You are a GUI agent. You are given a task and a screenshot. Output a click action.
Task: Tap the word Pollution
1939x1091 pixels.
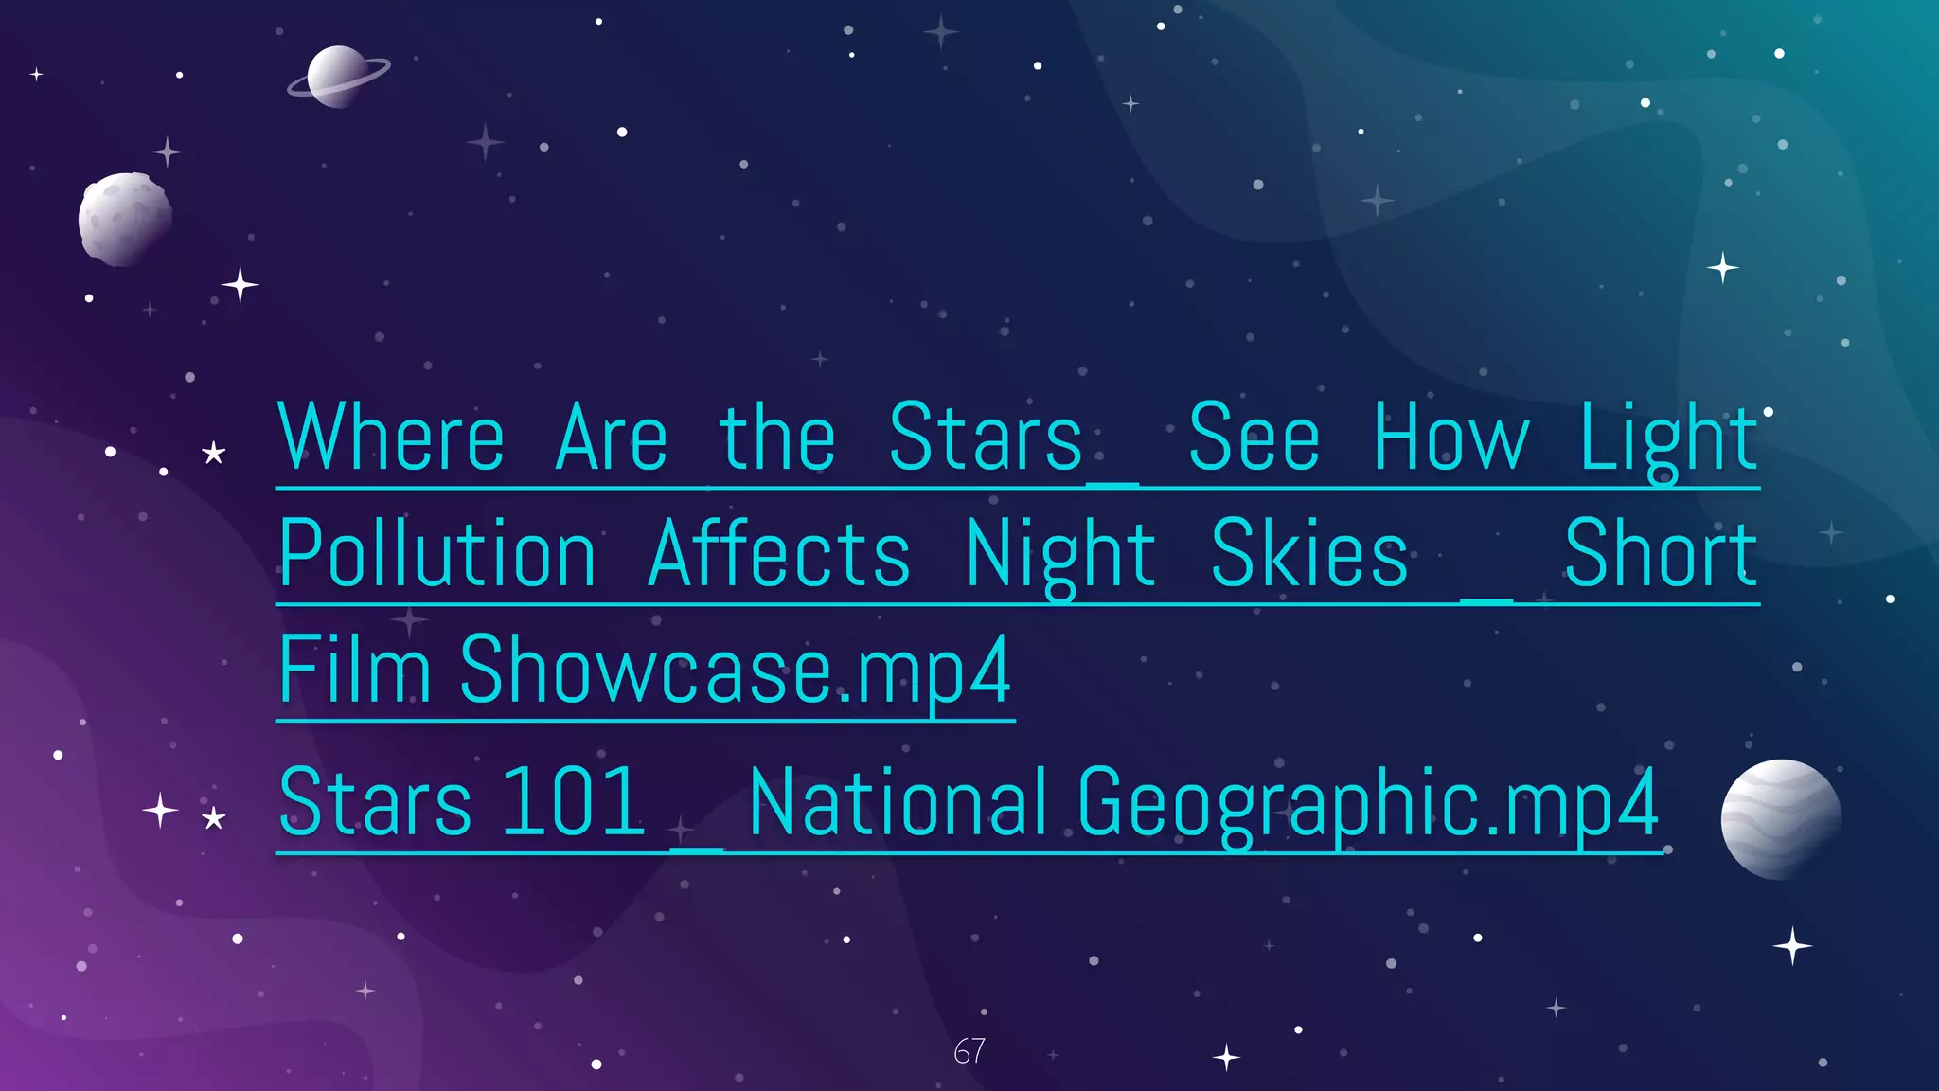tap(437, 554)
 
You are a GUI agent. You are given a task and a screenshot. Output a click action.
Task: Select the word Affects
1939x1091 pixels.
tap(779, 554)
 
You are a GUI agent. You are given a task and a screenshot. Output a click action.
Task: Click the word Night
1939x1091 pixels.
tap(1059, 556)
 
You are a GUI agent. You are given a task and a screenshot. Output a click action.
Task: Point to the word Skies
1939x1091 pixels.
tap(1309, 554)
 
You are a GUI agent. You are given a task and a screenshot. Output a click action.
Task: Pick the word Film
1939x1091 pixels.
tap(355, 671)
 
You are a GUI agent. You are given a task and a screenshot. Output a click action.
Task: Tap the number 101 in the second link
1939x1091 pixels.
tap(573, 803)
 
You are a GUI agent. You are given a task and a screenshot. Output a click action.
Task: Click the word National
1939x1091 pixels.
tap(898, 803)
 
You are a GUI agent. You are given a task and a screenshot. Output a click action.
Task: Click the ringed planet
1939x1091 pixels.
tap(337, 77)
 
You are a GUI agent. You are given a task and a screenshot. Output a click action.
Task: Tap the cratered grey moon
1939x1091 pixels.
tap(125, 219)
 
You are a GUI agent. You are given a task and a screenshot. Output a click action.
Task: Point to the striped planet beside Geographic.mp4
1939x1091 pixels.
tap(1781, 819)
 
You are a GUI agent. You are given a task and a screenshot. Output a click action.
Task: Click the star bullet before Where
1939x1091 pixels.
tap(214, 454)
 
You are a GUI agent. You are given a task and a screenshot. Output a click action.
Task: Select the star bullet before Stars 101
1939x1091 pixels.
tap(214, 817)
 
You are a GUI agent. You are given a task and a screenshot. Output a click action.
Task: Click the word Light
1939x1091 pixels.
tap(1669, 438)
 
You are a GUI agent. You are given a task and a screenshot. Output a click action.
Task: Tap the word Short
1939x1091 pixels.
tap(1661, 554)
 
